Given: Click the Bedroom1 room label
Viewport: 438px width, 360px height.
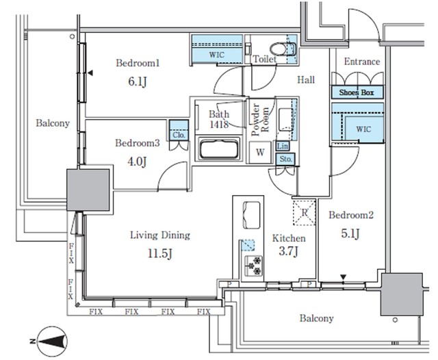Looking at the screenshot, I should click(x=138, y=64).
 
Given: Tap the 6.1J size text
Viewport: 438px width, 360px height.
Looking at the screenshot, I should click(x=137, y=81).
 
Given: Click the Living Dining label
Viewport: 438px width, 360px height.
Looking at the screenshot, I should click(x=159, y=235).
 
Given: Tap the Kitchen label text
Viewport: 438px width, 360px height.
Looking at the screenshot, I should click(x=289, y=239).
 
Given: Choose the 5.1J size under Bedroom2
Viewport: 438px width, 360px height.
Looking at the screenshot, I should click(x=351, y=233).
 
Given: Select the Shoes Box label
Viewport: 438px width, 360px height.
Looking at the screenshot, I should click(x=356, y=92).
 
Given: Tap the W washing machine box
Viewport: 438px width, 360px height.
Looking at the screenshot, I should click(x=261, y=152).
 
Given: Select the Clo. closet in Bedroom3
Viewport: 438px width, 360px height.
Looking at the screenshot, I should click(x=180, y=133).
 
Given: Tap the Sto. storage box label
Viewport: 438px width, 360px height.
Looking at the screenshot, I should click(x=284, y=159).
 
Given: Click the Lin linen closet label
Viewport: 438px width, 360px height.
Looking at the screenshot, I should click(x=283, y=146).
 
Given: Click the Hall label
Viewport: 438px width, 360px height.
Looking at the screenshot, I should click(x=305, y=81).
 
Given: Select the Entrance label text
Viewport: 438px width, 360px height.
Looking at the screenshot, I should click(x=361, y=62).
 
